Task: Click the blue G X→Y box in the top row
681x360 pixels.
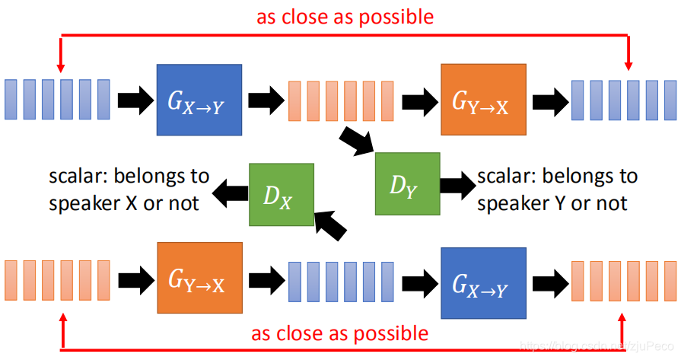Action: click(199, 100)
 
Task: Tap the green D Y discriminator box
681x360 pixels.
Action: click(407, 183)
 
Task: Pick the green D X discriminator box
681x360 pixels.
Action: click(282, 196)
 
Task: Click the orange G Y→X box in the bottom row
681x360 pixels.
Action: click(199, 278)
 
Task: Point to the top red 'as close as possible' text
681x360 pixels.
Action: click(345, 17)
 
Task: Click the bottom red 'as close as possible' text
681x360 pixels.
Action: click(339, 333)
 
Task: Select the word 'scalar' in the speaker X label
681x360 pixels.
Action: click(72, 177)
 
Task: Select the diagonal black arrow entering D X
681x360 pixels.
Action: click(331, 225)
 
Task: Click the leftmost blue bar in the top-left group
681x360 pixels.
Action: click(11, 99)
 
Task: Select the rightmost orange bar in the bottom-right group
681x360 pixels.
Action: click(670, 281)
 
